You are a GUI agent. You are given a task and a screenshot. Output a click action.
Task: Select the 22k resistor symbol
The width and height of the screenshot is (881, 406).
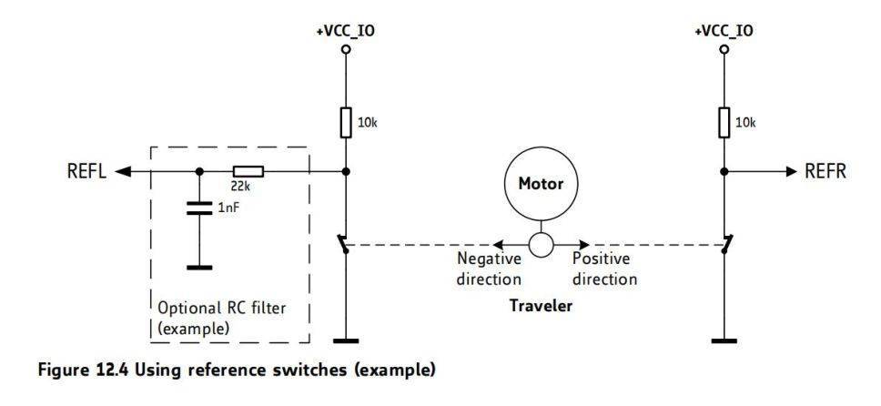tap(248, 170)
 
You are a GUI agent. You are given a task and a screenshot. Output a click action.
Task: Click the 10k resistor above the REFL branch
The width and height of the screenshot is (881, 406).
tap(346, 121)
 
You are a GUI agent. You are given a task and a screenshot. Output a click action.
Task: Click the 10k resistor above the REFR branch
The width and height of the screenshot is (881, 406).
tap(724, 121)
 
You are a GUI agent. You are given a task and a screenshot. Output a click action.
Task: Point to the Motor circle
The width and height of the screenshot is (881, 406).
tap(541, 183)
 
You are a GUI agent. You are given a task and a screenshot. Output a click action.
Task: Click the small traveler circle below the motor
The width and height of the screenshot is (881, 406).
tap(541, 245)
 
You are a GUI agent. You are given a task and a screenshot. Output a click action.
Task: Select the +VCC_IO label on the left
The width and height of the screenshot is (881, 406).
tap(345, 30)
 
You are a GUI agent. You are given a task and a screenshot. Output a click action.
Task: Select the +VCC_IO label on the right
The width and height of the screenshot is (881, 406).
tap(724, 30)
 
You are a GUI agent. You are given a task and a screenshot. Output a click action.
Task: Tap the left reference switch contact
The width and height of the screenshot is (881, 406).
tap(342, 245)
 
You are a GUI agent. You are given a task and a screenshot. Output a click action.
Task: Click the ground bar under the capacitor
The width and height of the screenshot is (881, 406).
tap(198, 268)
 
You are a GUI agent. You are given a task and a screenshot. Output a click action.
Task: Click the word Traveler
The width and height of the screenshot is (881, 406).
tap(541, 306)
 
